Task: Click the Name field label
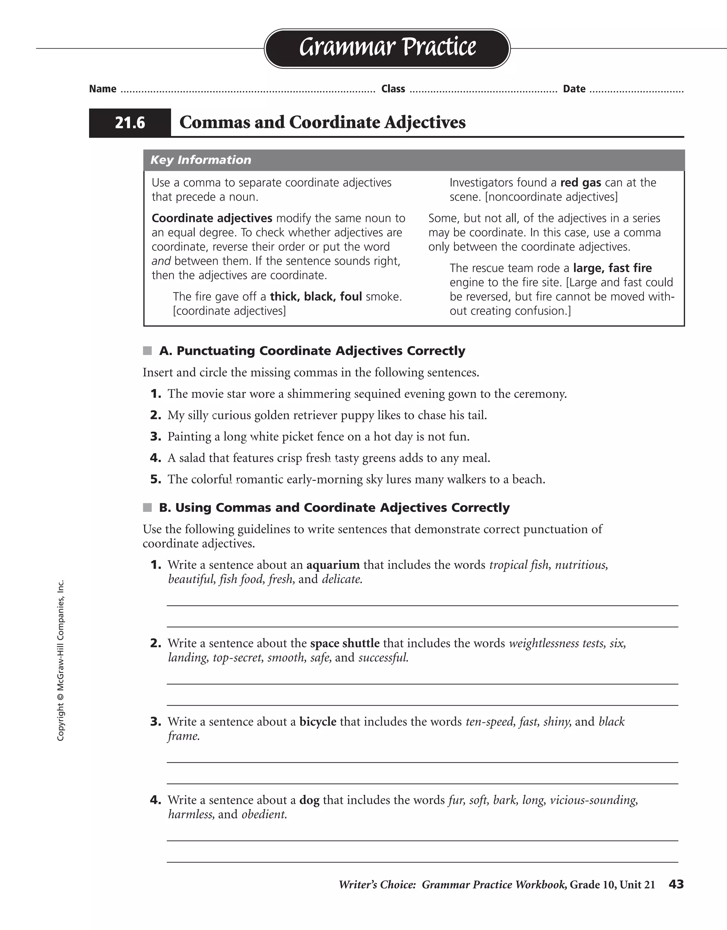click(x=103, y=89)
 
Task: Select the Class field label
click(x=393, y=89)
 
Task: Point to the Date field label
click(x=574, y=89)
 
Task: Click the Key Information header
click(x=201, y=160)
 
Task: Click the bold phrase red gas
click(x=580, y=183)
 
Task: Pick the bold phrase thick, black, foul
click(x=316, y=296)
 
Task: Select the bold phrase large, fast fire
click(x=612, y=268)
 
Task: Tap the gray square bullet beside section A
click(x=147, y=351)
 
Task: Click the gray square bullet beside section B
click(x=147, y=508)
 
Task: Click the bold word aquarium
click(x=333, y=565)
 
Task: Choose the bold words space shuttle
click(x=345, y=644)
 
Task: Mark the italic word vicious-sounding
click(x=594, y=800)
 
